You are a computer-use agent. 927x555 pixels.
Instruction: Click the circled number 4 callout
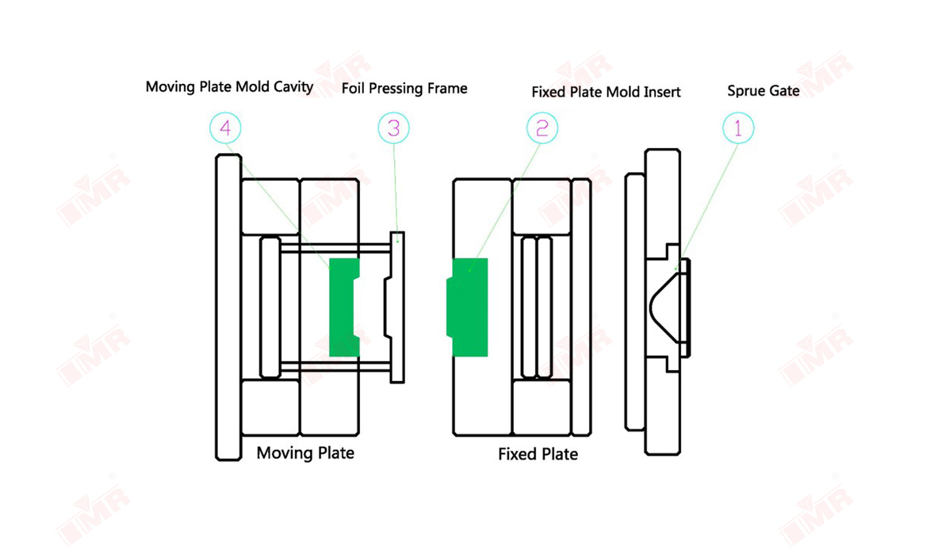point(225,128)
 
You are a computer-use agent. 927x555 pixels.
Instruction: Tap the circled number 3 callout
point(394,128)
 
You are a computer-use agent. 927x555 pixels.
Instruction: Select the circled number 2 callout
point(542,128)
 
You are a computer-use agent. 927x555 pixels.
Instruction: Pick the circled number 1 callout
point(738,128)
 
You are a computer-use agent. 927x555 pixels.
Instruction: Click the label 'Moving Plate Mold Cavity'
point(229,87)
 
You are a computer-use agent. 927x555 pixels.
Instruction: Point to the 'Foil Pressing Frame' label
point(404,89)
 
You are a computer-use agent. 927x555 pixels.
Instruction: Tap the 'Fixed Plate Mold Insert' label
point(606,92)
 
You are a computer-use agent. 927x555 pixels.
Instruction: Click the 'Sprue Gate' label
point(763,91)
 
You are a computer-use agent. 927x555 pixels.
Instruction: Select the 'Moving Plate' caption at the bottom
point(305,453)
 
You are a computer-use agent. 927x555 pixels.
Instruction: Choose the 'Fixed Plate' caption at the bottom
point(537,454)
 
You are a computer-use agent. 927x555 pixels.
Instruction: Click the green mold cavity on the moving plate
point(342,308)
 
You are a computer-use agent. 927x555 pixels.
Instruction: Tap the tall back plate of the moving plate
point(228,308)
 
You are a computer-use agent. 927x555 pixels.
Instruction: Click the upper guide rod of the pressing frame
point(335,247)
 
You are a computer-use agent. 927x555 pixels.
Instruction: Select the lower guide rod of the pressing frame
point(335,366)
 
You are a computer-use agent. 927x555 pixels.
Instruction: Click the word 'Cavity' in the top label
point(293,87)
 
